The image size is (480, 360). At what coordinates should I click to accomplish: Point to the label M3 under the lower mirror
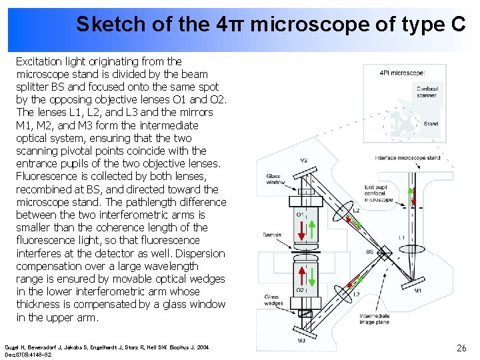(301, 341)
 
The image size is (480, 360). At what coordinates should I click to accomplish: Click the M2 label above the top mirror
(303, 160)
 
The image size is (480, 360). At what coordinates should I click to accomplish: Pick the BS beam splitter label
(370, 251)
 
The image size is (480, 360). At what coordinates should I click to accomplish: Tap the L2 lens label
(356, 210)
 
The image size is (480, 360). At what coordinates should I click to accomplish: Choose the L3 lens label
(357, 294)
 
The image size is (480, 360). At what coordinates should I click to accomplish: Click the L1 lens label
(401, 238)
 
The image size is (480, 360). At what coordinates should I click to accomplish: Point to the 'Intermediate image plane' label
(375, 319)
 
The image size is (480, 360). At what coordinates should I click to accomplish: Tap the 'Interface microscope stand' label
(407, 158)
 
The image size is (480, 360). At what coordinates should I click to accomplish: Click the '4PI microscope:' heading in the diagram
(402, 73)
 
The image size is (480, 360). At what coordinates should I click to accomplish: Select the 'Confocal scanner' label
(427, 92)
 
